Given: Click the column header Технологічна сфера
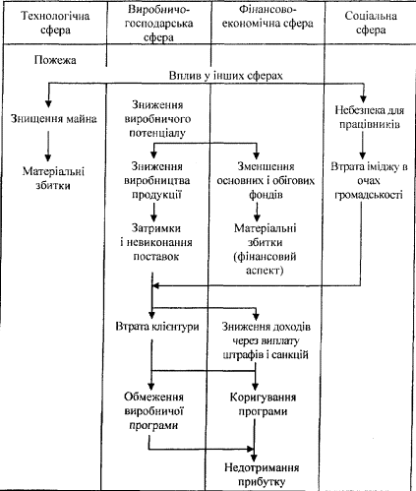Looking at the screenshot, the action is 55,23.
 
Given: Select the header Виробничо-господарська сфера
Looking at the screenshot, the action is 158,24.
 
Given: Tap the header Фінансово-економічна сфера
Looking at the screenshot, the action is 267,17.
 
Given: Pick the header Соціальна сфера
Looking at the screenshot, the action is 371,23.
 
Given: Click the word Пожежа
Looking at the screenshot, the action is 55,60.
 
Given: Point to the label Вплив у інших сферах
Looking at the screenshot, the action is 225,76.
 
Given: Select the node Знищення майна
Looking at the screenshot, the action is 54,118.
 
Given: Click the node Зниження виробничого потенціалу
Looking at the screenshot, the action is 157,119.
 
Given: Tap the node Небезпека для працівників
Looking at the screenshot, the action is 370,117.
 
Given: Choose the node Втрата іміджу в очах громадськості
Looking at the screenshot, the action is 369,180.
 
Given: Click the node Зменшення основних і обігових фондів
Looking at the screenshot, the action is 266,180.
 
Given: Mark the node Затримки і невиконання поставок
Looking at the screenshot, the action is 156,242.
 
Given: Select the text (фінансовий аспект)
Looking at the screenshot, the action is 265,263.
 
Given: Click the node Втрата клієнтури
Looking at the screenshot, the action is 157,327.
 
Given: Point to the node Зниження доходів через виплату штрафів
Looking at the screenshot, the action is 266,340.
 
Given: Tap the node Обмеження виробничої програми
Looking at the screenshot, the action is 153,411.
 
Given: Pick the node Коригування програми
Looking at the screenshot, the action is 263,404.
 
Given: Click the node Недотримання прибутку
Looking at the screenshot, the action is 262,474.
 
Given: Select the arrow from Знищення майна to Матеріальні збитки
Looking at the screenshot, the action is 48,146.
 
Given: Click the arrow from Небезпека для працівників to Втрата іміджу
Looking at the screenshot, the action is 362,146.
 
